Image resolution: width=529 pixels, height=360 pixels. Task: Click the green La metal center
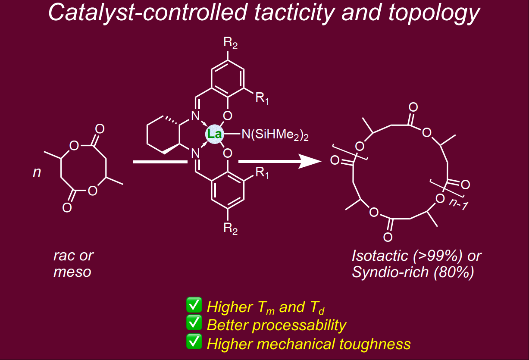click(214, 135)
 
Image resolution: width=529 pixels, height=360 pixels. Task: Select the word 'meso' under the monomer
click(72, 272)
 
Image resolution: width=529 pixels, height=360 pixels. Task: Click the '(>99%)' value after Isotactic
click(440, 256)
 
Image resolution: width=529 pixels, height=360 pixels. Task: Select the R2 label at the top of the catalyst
click(231, 43)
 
